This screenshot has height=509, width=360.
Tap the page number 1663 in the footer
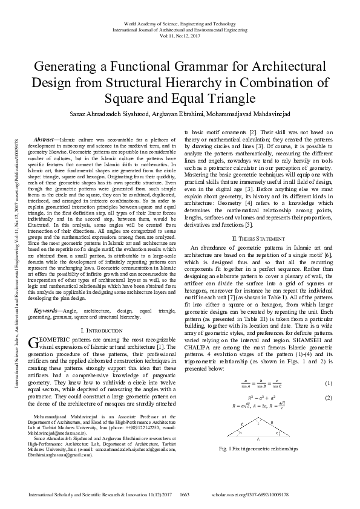click(x=186, y=495)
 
